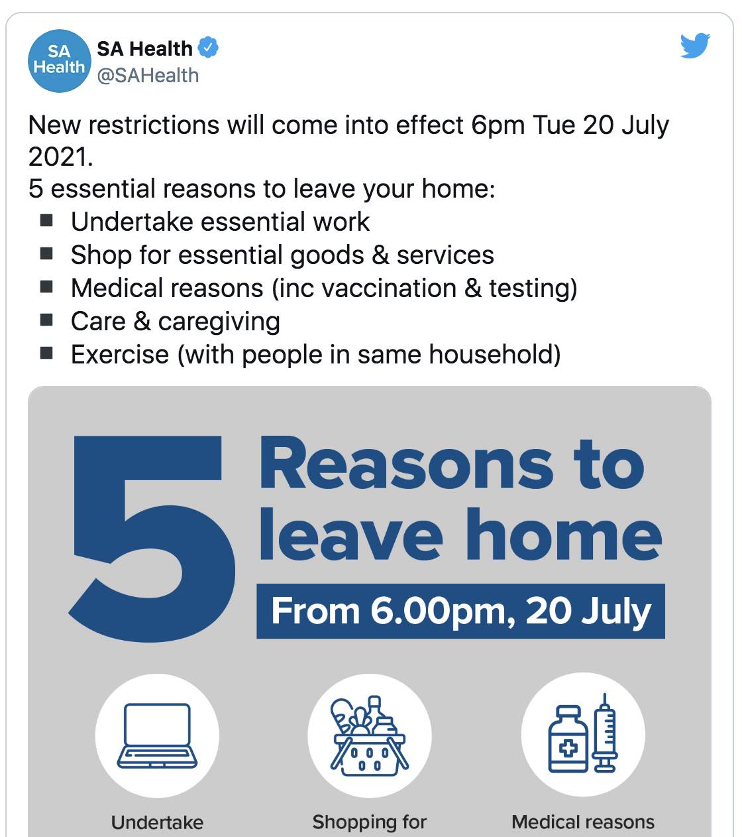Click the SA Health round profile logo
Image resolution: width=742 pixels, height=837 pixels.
[60, 61]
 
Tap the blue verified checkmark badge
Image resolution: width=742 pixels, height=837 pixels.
[208, 47]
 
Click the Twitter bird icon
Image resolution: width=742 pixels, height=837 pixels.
[695, 46]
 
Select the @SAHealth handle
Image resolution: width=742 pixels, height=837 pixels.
[148, 76]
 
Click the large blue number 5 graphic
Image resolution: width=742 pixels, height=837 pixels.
[152, 538]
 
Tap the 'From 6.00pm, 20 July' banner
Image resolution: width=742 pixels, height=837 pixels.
[460, 611]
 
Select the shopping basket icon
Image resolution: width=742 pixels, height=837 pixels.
[370, 736]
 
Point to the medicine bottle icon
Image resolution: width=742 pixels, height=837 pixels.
[568, 739]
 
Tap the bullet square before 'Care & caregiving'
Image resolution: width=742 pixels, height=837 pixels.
[46, 320]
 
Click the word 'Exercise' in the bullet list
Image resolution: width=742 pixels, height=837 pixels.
[120, 354]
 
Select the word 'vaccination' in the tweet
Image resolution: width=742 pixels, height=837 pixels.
[389, 288]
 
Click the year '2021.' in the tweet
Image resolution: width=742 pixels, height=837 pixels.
[61, 157]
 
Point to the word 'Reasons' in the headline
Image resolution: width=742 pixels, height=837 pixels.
[406, 464]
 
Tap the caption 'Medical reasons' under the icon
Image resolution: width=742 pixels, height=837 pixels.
[583, 822]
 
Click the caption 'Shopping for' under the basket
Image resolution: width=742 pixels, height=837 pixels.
[370, 822]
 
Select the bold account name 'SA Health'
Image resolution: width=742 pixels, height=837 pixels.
[144, 49]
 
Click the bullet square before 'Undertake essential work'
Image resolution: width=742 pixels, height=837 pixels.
[46, 220]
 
